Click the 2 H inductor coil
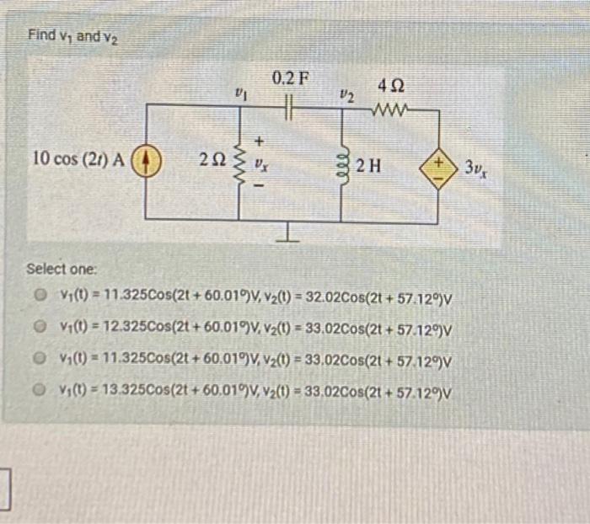coord(341,161)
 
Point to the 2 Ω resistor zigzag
coord(239,160)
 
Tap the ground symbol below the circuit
coord(289,234)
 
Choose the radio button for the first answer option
coord(39,297)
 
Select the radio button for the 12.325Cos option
coord(39,329)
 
